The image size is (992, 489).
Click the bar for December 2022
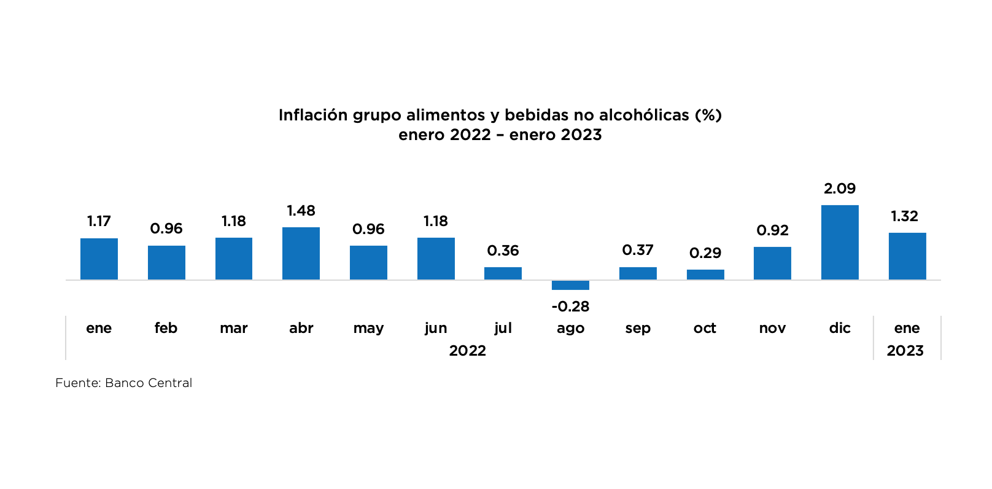[x=840, y=243]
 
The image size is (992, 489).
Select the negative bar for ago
[x=570, y=285]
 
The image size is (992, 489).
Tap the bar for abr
[x=301, y=254]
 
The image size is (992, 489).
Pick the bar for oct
[x=705, y=275]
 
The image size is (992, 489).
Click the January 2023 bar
[x=907, y=256]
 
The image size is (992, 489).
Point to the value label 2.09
[x=840, y=189]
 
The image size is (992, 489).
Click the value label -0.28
[x=570, y=306]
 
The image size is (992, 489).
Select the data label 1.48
[x=301, y=211]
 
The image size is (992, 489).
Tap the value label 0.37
[x=638, y=250]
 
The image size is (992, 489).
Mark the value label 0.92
[x=772, y=230]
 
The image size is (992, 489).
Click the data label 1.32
[x=905, y=216]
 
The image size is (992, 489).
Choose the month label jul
[x=503, y=328]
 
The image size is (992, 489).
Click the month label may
[x=368, y=328]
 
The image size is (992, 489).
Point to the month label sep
[x=638, y=328]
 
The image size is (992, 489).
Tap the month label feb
[x=166, y=328]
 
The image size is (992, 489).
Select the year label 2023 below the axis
[x=905, y=351]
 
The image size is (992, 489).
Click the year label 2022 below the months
[x=467, y=351]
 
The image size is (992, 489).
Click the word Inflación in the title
[x=313, y=115]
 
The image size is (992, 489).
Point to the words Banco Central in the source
[x=149, y=383]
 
